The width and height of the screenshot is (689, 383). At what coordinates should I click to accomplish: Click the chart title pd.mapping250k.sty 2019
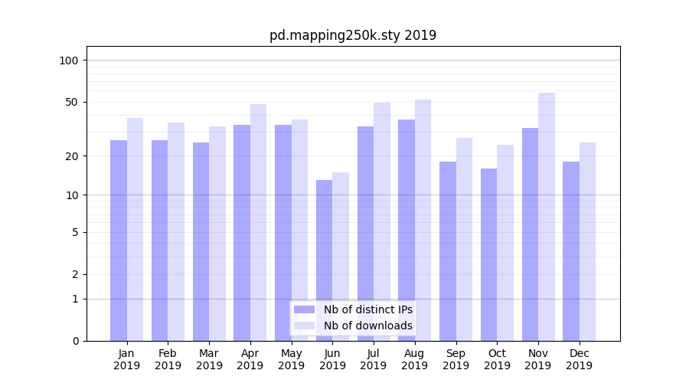(x=353, y=35)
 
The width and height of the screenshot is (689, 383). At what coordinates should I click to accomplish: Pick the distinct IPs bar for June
(x=325, y=260)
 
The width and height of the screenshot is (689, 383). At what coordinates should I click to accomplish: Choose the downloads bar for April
(x=259, y=222)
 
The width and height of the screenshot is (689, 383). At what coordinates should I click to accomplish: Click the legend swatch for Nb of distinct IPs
(x=304, y=309)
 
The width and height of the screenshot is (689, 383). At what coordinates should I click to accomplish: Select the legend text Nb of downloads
(x=368, y=326)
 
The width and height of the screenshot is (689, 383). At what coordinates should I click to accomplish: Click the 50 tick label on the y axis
(x=72, y=102)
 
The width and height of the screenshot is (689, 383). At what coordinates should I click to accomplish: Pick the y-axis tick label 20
(x=72, y=156)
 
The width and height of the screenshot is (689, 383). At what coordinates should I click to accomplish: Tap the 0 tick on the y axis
(x=75, y=341)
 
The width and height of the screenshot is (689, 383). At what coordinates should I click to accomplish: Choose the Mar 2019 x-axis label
(x=209, y=359)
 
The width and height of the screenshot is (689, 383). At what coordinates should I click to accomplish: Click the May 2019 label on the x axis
(x=292, y=359)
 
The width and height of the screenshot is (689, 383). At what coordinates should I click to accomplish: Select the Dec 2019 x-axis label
(x=580, y=359)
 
